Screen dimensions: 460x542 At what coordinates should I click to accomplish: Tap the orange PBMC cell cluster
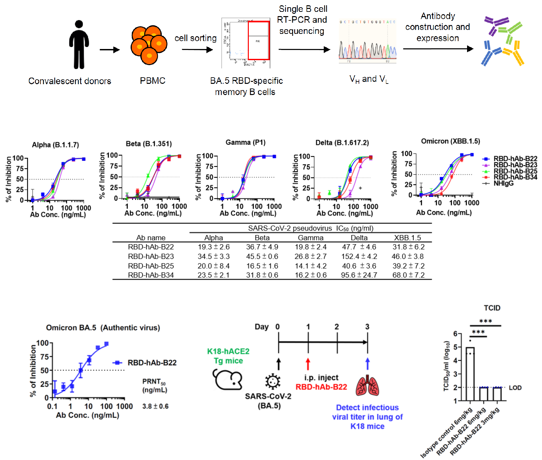(x=149, y=45)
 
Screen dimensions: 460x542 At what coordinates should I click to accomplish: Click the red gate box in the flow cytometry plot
(x=259, y=40)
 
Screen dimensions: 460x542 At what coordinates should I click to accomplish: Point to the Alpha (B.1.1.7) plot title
(x=55, y=145)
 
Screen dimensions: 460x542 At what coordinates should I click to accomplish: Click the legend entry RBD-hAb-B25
(x=515, y=171)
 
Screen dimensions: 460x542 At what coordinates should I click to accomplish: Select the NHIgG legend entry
(x=503, y=183)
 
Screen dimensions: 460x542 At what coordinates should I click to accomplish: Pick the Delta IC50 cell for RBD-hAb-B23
(x=359, y=256)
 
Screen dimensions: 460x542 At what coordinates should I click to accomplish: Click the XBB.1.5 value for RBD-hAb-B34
(x=408, y=275)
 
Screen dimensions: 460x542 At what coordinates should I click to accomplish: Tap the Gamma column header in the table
(x=311, y=237)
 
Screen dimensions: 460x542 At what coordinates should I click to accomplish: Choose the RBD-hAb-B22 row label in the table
(x=151, y=247)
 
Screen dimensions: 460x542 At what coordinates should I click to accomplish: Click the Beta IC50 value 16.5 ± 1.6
(x=262, y=266)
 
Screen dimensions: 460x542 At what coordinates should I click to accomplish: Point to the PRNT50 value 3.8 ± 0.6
(x=155, y=406)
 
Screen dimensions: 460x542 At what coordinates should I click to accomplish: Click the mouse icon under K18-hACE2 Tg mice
(x=228, y=379)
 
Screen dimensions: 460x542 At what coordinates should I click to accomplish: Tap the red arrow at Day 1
(x=308, y=364)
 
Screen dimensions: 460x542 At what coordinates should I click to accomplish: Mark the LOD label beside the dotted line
(x=515, y=388)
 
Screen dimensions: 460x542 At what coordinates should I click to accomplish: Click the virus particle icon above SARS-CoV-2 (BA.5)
(x=272, y=381)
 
